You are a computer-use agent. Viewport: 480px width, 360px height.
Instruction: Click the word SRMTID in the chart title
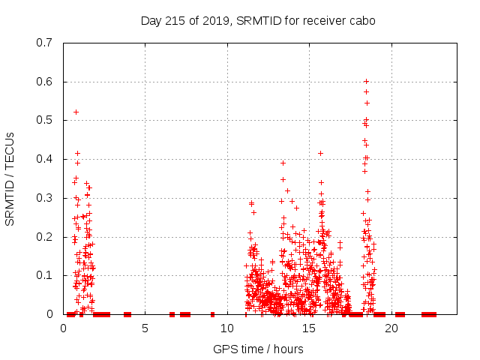coord(256,20)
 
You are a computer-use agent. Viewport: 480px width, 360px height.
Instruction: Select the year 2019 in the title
coord(216,20)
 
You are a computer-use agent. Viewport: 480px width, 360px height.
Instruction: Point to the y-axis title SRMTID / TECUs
coord(10,178)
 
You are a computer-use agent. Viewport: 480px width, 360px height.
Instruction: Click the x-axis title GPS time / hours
coord(258,349)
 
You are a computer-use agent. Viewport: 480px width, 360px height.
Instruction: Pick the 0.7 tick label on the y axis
coord(43,42)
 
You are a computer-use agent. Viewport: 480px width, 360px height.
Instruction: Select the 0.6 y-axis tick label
coord(43,81)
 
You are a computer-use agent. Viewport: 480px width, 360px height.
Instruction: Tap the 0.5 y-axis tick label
coord(43,120)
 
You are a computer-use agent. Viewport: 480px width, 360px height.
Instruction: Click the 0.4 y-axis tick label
coord(43,159)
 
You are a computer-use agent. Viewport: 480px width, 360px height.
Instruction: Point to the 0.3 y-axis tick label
coord(43,198)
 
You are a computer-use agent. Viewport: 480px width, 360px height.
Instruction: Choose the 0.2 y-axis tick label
coord(43,237)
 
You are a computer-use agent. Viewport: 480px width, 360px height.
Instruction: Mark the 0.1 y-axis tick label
coord(43,275)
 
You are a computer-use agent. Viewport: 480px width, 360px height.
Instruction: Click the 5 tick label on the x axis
coord(145,328)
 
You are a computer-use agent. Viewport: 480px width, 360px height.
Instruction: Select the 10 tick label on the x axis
coord(227,328)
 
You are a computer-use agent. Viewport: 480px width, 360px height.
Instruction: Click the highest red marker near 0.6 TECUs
coord(366,81)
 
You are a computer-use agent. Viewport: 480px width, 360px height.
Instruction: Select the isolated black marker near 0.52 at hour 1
coord(76,112)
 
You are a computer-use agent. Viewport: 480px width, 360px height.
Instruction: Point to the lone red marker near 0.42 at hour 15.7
coord(320,153)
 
